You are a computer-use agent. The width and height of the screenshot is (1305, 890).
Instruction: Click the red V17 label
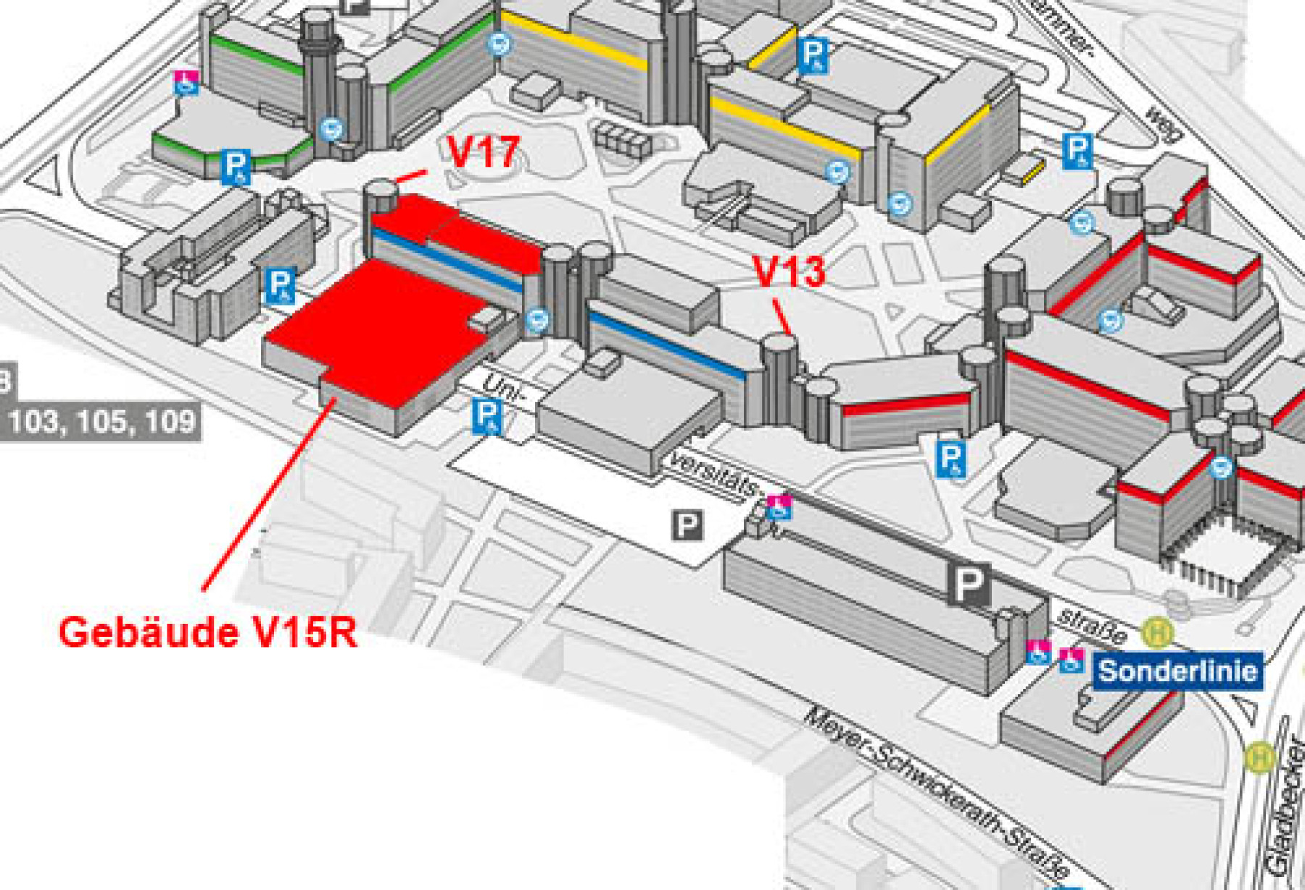484,152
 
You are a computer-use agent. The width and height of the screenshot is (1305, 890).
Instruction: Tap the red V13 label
790,271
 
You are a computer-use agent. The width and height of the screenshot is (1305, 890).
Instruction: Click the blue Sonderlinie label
1177,671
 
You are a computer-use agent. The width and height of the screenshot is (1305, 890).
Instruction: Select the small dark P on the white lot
687,524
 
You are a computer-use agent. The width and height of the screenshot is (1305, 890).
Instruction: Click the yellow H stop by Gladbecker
1260,759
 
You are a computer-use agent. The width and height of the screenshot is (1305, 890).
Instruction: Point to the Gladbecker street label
1285,805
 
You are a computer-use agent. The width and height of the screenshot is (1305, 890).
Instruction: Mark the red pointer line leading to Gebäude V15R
268,493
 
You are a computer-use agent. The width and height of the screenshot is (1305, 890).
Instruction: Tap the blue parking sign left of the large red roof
280,285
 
